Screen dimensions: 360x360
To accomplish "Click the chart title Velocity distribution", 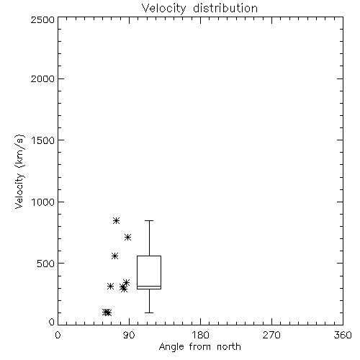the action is click(x=199, y=8).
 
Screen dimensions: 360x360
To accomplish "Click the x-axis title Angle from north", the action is click(x=199, y=347).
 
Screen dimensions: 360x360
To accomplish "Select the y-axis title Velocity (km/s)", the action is click(x=19, y=171).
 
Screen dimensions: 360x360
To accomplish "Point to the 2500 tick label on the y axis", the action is click(x=42, y=19).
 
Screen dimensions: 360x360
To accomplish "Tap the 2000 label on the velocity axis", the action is click(x=42, y=79).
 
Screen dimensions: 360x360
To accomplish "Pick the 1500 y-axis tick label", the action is click(x=43, y=140).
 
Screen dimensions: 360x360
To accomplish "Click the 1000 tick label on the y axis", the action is click(x=43, y=202).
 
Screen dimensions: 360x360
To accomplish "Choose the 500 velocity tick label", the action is click(x=46, y=264).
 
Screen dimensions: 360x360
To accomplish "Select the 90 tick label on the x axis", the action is click(x=129, y=335).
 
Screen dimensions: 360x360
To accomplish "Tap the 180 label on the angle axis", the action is click(x=200, y=335).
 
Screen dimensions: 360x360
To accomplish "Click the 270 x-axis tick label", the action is click(x=271, y=335).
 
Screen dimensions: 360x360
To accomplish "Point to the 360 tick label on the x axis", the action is click(x=343, y=335).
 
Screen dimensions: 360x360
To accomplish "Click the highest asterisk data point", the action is click(x=116, y=220).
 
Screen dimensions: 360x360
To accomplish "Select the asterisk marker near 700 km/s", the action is click(x=127, y=238).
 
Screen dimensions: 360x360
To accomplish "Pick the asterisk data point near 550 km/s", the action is click(x=114, y=256).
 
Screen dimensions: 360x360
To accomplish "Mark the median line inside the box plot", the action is click(x=149, y=286).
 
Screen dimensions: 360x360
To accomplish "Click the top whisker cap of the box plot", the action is click(x=149, y=220).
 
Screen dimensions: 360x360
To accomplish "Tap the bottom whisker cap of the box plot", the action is click(x=149, y=312).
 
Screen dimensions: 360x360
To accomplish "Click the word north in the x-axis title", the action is click(x=229, y=347).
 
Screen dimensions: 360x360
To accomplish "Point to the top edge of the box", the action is click(x=149, y=256).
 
